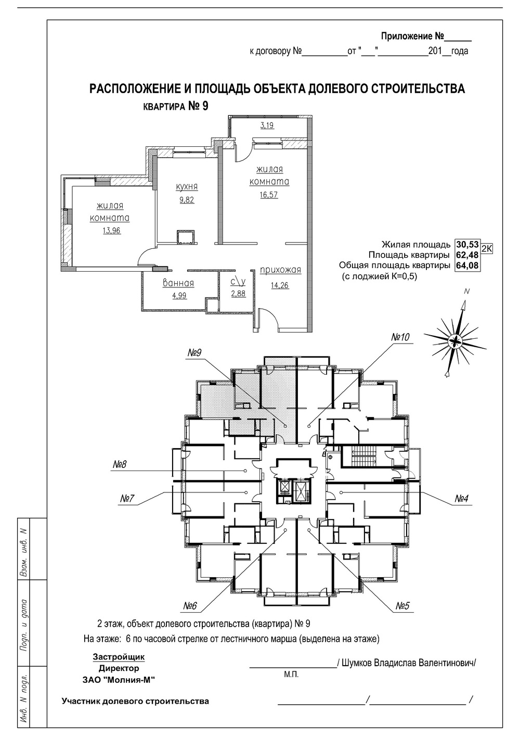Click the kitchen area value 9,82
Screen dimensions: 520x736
187,200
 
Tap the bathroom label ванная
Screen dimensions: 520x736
178,283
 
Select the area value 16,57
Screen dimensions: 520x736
269,195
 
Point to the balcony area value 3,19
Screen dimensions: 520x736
267,125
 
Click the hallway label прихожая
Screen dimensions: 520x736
280,271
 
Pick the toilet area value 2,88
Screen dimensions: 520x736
238,294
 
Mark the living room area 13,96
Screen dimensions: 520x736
112,231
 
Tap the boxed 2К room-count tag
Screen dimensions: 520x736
487,248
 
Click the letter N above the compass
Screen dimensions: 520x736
467,291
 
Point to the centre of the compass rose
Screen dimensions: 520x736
454,341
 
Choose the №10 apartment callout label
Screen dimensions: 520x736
400,337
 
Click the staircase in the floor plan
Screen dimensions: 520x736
363,456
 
